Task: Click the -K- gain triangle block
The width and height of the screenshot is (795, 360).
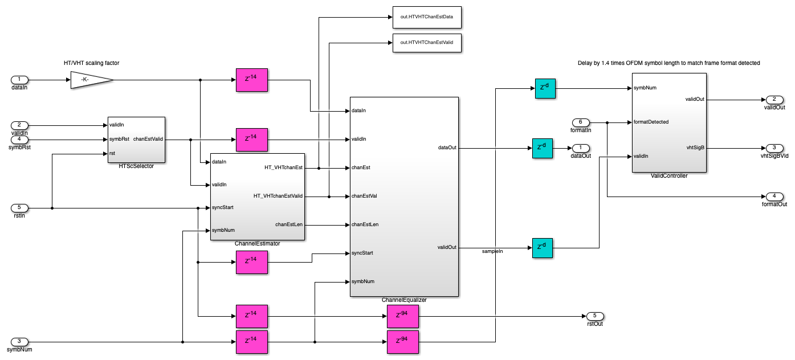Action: tap(91, 80)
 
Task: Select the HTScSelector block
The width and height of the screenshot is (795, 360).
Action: tap(136, 140)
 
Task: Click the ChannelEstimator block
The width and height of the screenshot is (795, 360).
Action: tap(258, 197)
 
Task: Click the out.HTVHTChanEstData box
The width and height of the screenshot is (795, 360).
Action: tap(426, 17)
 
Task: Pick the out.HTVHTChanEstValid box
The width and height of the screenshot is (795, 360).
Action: tap(426, 43)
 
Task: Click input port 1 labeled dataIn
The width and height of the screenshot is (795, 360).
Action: tap(19, 80)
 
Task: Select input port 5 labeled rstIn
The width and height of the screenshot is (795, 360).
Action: tap(19, 208)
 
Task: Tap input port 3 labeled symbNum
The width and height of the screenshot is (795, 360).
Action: tap(19, 342)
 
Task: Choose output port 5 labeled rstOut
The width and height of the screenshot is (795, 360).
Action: tap(594, 316)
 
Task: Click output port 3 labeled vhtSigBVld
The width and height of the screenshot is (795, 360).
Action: tap(774, 148)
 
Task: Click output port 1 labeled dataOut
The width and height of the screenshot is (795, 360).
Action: tap(581, 148)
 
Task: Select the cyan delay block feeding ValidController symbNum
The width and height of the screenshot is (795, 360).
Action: tap(545, 88)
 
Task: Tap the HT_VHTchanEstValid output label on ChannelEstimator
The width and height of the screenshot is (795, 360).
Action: tap(278, 196)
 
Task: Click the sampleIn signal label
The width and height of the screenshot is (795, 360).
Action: tap(492, 251)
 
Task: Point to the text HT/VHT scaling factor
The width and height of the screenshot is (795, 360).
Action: tap(92, 63)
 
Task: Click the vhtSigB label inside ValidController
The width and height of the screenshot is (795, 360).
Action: tap(696, 148)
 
